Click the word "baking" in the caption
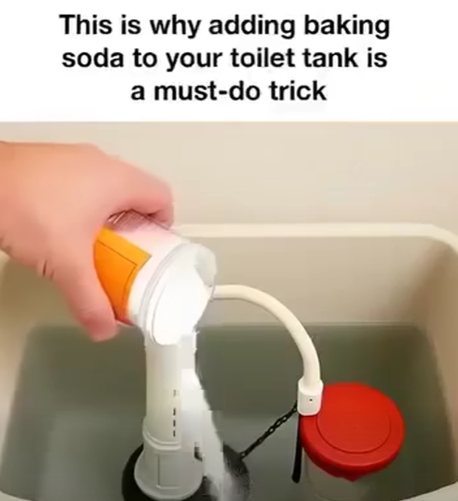pos(346,27)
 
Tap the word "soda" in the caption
pos(92,58)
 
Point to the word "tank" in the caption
pos(331,58)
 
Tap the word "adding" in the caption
pos(252,27)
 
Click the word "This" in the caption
pos(86,25)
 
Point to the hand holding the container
pos(74,230)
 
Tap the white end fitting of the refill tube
pos(310,399)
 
